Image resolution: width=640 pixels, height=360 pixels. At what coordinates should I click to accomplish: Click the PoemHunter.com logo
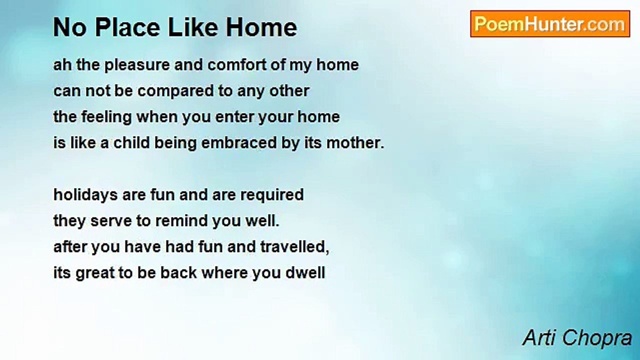click(550, 24)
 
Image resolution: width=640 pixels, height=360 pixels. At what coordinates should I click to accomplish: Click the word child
click(131, 142)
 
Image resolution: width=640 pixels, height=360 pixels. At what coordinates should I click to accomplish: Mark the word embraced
click(239, 142)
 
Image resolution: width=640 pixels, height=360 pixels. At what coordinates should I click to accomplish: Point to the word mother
click(355, 142)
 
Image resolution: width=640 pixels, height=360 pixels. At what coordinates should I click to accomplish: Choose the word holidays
click(85, 195)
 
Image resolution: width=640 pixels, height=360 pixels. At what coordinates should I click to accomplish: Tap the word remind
click(181, 221)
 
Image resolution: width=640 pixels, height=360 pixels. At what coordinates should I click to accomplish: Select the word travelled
click(294, 247)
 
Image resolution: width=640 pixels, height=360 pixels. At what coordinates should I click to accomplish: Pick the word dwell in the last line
click(305, 273)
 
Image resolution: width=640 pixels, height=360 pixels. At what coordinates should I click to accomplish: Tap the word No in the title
click(71, 27)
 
